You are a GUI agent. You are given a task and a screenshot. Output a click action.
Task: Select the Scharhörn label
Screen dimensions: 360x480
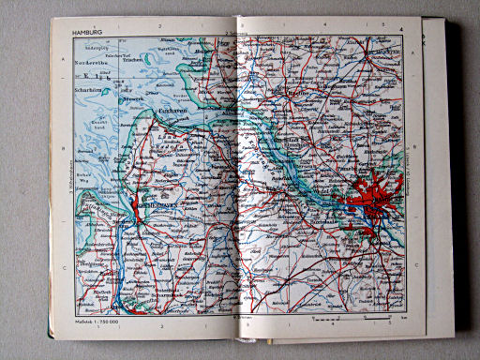[89, 90]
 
